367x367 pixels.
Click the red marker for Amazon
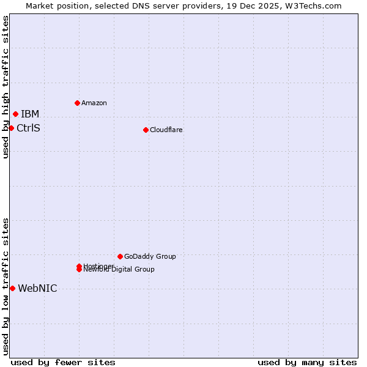pos(77,103)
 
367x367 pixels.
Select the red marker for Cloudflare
pos(146,130)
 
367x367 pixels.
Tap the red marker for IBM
pos(15,114)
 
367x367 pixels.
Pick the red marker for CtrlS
pos(11,128)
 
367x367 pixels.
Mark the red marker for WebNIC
pos(12,288)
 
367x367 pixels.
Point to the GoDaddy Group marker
pos(120,256)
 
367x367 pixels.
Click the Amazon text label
pos(94,103)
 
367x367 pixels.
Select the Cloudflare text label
pos(166,130)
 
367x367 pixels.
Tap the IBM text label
pos(30,114)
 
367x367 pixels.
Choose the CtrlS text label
pos(28,128)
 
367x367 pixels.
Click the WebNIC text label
pos(37,289)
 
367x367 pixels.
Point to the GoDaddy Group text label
pos(150,256)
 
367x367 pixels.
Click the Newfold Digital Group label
pos(119,270)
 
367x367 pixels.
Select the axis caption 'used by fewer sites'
pos(63,362)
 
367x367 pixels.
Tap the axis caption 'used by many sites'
pos(307,362)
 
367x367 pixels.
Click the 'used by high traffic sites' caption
pos(6,87)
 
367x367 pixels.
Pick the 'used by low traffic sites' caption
pos(6,286)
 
